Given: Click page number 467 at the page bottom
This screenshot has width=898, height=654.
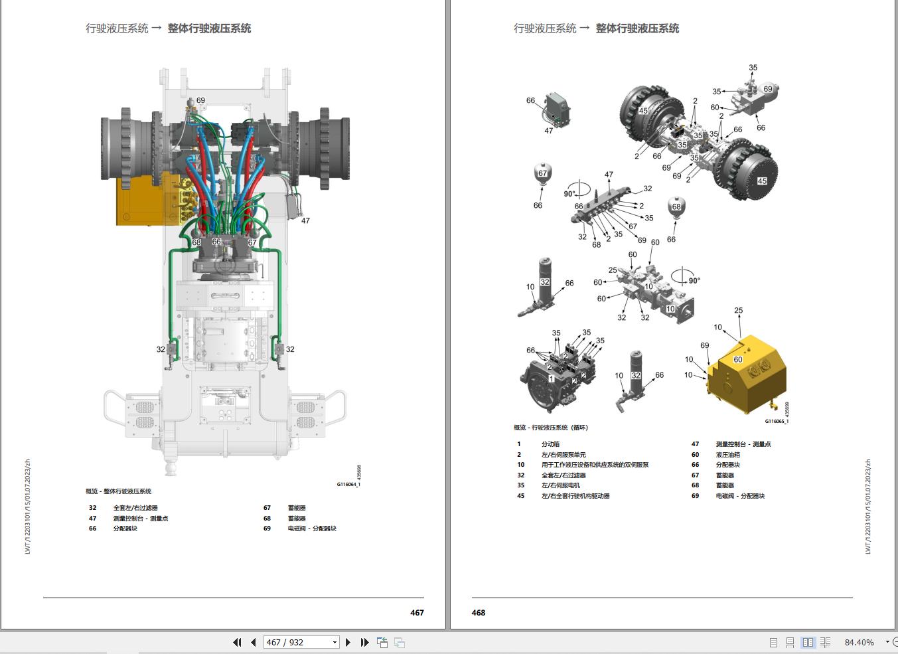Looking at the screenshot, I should coord(416,612).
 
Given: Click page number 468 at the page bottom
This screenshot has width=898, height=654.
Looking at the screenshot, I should coord(479,612).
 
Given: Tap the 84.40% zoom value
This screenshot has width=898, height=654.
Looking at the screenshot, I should coord(859,642).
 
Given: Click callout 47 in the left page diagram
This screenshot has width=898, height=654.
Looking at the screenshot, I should coord(305,220).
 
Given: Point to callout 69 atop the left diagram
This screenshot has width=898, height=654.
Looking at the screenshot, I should coord(200,100).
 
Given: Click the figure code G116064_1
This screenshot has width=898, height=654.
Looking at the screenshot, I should coord(348,484).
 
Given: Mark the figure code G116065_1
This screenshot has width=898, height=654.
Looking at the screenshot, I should coord(776,421).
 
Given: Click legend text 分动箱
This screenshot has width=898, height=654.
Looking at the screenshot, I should coord(550,444).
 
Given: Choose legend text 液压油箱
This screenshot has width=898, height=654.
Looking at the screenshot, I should coord(727,455).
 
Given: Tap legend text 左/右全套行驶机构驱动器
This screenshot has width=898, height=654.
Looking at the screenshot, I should coord(575,496).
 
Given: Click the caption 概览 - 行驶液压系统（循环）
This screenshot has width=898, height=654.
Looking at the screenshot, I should coord(551,428).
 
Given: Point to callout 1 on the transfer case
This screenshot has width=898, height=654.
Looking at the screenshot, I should coord(551,378).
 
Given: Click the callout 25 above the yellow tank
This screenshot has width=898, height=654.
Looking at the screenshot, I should coord(738,310).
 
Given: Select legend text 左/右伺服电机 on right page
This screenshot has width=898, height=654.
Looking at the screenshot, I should coord(560,485).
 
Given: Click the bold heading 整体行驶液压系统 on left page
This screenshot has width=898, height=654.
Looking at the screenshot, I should coord(209,29).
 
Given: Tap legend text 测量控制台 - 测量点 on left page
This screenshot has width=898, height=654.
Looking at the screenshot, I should coord(140,519).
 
